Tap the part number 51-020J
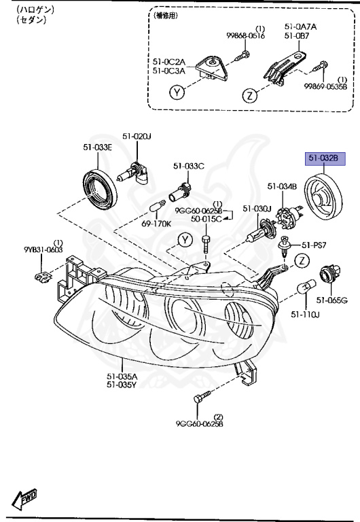coord(137,137)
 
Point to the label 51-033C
coord(188,166)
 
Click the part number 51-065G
coord(332,300)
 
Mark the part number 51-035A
coord(123,375)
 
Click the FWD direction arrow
coord(25,500)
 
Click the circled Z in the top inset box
coord(250,95)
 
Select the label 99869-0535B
coord(325,86)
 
